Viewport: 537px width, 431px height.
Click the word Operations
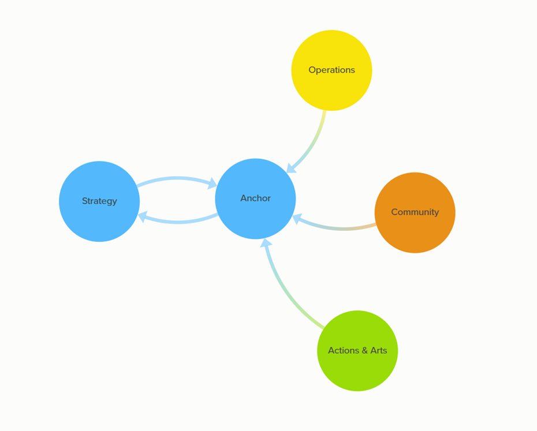click(x=331, y=70)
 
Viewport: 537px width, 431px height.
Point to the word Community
click(x=415, y=212)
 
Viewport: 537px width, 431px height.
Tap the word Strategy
click(x=99, y=201)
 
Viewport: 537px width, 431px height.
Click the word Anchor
click(x=255, y=198)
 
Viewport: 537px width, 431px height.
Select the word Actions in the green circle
click(x=343, y=350)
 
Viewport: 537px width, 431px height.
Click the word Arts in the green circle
click(x=379, y=350)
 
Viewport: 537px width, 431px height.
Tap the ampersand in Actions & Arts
click(x=364, y=350)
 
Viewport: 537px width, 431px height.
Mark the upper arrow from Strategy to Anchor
click(x=176, y=179)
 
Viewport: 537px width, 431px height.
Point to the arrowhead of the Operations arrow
click(x=291, y=168)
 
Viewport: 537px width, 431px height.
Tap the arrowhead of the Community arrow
click(x=297, y=219)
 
